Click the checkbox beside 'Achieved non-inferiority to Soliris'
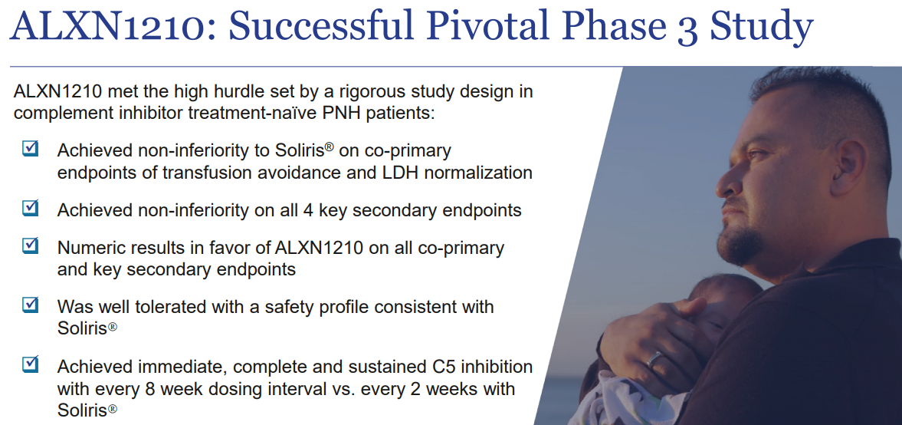pos(30,148)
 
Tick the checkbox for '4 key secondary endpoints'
pos(30,208)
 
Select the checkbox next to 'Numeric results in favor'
pos(30,245)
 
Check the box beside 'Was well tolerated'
pos(30,304)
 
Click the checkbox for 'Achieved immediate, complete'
pos(30,364)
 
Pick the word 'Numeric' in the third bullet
pos(88,248)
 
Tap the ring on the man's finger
pos(655,360)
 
